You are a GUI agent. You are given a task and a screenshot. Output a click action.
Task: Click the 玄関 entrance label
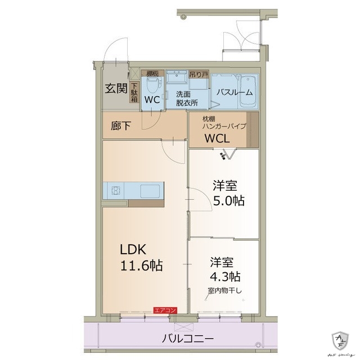click(116, 88)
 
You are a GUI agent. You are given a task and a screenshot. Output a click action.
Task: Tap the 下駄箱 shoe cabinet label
click(134, 92)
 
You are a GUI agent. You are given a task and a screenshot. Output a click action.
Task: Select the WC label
click(152, 100)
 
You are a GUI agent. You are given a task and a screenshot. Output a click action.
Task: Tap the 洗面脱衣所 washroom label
click(186, 98)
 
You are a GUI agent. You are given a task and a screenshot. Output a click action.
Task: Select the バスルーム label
click(235, 93)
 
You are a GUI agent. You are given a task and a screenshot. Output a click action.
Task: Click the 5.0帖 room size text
click(228, 201)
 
